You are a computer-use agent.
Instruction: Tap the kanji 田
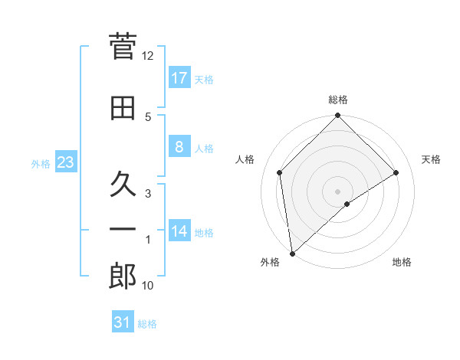coord(123,109)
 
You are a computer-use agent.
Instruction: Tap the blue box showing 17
coord(179,78)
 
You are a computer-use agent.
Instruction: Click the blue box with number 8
coord(179,147)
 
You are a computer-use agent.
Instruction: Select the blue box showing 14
coord(179,231)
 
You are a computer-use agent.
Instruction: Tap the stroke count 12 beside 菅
coord(148,56)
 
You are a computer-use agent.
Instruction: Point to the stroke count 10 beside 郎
coord(148,286)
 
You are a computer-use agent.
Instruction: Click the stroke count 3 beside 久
coord(149,194)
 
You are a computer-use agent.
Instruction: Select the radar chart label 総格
coord(338,100)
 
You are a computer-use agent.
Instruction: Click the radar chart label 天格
coord(432,159)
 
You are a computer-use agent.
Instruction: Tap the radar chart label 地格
coord(402,263)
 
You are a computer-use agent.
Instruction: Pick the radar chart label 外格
coord(269,263)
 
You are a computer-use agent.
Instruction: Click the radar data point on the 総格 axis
coord(337,116)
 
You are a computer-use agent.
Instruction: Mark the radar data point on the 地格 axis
coord(347,204)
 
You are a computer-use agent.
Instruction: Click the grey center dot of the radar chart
coord(337,191)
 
